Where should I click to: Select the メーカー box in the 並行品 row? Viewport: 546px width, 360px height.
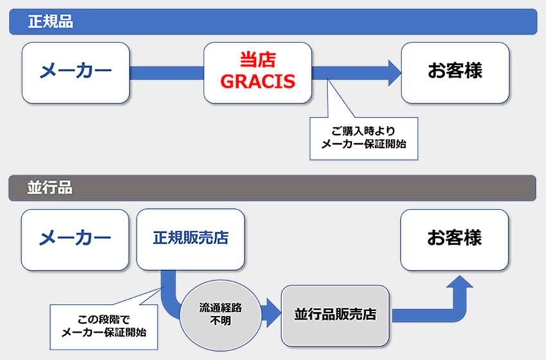(75, 239)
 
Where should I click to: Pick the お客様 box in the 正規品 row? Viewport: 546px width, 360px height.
(455, 71)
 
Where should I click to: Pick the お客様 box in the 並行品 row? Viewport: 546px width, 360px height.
(455, 239)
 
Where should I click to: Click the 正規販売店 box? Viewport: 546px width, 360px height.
(190, 239)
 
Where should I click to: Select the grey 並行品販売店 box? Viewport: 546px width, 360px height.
(335, 315)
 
